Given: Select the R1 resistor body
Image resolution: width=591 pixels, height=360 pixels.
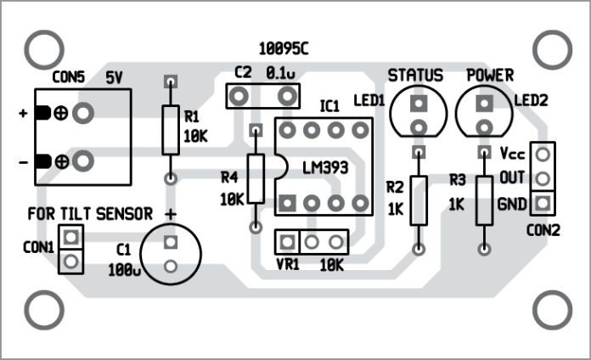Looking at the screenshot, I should click(x=171, y=131).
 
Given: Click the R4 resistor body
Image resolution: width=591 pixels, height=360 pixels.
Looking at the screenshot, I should click(x=255, y=179).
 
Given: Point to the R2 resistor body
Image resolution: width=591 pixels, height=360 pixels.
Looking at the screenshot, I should click(x=418, y=200).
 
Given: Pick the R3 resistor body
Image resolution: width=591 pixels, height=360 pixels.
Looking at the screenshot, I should click(x=484, y=200).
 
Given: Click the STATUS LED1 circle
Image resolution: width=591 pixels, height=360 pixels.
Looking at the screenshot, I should click(x=417, y=114).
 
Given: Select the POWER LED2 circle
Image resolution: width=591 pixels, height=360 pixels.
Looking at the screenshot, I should click(x=484, y=114).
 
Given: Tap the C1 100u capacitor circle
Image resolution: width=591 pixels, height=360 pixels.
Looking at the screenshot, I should click(x=170, y=253).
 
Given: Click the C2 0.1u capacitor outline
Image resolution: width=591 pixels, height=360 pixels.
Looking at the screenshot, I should click(x=266, y=94).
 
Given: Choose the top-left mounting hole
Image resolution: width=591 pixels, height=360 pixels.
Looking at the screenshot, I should click(x=40, y=50).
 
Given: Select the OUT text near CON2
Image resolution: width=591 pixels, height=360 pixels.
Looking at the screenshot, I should click(x=512, y=178).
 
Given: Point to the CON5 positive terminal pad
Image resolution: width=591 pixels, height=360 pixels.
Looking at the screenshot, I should click(x=83, y=112).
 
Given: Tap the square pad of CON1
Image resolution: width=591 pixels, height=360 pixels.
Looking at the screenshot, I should click(x=71, y=236).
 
